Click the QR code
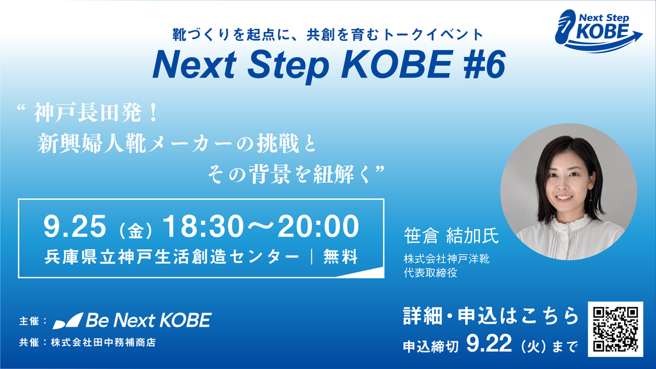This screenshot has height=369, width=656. click(x=616, y=329)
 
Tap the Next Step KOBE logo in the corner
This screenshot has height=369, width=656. click(x=598, y=31)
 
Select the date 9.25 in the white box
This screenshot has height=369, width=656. click(x=75, y=226)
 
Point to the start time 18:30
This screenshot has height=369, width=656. click(x=203, y=226)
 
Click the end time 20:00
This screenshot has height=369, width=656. click(x=318, y=226)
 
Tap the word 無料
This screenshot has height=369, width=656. click(x=341, y=257)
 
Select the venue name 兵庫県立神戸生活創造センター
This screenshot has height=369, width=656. click(x=172, y=257)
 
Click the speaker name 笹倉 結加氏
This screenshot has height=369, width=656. click(x=451, y=236)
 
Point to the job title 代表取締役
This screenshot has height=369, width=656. click(x=430, y=273)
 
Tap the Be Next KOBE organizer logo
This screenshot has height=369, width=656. click(x=132, y=320)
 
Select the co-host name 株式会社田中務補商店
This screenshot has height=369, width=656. click(x=103, y=342)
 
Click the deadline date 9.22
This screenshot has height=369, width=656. click(x=489, y=343)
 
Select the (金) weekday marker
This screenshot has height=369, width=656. click(x=135, y=231)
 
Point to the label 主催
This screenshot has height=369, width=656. click(x=29, y=321)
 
